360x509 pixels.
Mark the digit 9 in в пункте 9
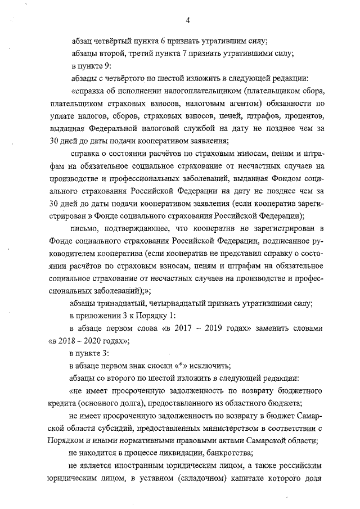point(103,65)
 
